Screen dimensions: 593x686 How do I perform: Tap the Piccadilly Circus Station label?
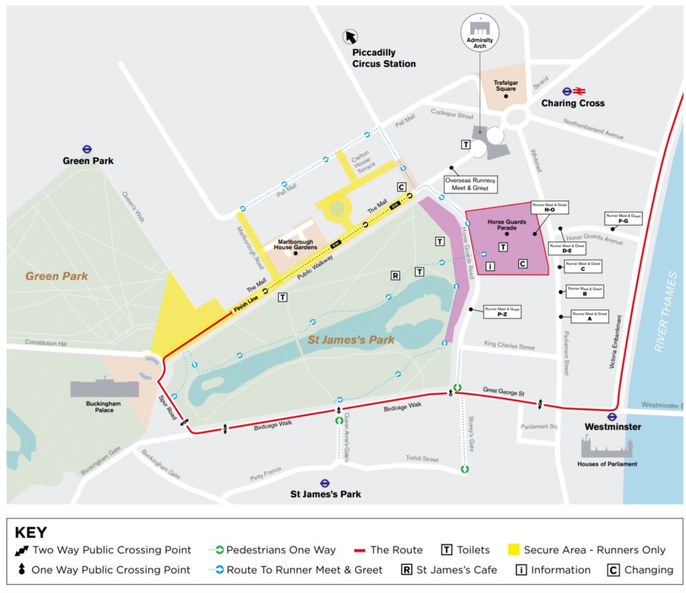(384, 58)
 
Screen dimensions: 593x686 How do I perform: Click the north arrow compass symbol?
(350, 37)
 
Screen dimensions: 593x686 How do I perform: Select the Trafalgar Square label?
(506, 86)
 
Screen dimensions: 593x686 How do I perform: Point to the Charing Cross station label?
(572, 103)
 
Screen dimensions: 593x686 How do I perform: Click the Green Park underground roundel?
(87, 149)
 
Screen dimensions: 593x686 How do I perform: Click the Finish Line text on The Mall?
(245, 304)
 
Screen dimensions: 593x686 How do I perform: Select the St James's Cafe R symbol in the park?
(395, 275)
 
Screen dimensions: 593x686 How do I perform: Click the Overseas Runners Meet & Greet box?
(470, 184)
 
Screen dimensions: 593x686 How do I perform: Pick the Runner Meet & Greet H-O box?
(549, 207)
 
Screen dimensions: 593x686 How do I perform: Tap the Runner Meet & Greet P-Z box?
(502, 312)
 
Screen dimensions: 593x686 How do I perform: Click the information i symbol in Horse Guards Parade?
(490, 266)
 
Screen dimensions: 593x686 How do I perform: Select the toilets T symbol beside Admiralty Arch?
(466, 145)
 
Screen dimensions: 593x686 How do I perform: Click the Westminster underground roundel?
(612, 417)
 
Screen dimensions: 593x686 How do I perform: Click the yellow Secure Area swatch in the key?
(514, 550)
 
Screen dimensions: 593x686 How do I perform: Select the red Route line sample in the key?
(360, 550)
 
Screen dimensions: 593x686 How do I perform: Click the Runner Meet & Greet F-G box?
(623, 219)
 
